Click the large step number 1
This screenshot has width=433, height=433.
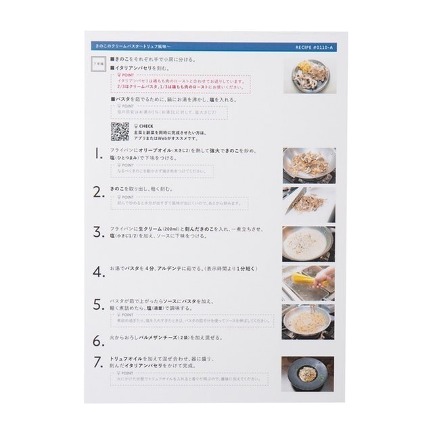tap(98, 154)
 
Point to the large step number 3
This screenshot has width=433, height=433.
tap(98, 231)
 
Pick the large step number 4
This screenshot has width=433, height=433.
tap(98, 271)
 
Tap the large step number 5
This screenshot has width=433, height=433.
tap(98, 304)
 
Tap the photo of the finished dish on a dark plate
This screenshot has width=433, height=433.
tap(308, 373)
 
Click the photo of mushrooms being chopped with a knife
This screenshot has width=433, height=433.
tap(308, 204)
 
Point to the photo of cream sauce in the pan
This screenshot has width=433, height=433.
tap(308, 243)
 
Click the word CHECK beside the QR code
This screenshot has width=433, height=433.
tap(145, 125)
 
